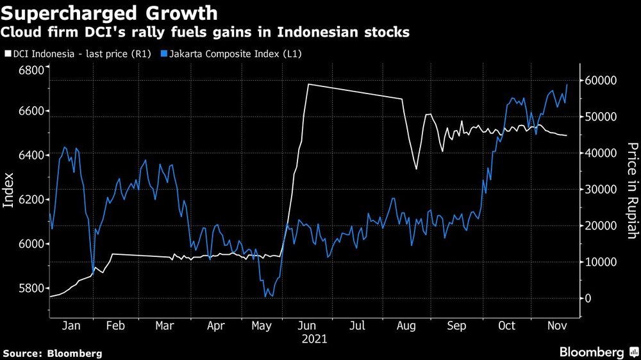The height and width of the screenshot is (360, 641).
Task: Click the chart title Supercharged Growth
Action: (x=110, y=13)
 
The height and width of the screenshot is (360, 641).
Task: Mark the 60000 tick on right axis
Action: (x=601, y=81)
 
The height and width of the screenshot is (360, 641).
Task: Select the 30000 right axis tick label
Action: (x=601, y=190)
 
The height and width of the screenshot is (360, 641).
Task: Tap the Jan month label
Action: (x=71, y=326)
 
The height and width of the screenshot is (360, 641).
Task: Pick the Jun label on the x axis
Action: (x=308, y=326)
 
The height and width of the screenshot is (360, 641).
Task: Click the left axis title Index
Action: (x=9, y=190)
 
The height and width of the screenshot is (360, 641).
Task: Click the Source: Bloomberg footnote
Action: (x=53, y=353)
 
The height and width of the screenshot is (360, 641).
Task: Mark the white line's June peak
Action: (x=308, y=84)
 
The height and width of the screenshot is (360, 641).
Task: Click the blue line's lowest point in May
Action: (x=265, y=297)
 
